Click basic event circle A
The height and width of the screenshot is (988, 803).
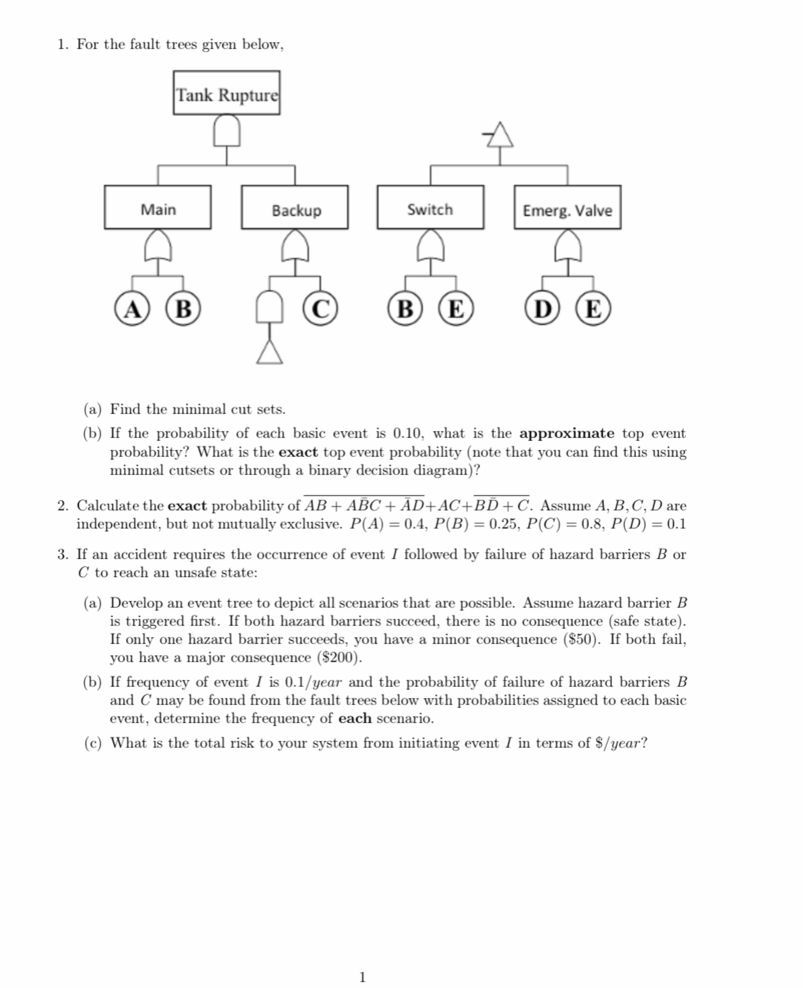coord(132,308)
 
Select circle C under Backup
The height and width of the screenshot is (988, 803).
coord(320,308)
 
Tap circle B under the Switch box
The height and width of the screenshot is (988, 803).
coord(405,308)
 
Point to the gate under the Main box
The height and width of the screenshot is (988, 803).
coord(158,246)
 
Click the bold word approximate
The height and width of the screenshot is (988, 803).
coord(567,433)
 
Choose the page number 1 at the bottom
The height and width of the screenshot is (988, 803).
coord(363,977)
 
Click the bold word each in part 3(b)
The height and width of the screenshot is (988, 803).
coord(355,718)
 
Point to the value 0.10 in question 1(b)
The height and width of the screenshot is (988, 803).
coord(407,433)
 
